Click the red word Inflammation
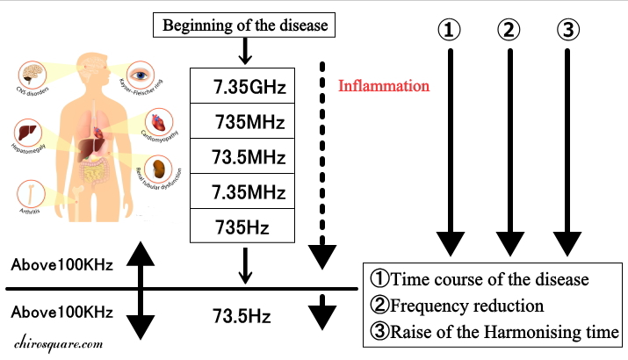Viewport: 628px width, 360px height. (x=384, y=87)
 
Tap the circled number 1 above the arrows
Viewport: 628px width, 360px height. (x=450, y=30)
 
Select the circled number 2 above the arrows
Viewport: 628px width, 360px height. (x=509, y=30)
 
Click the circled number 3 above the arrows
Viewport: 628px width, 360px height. (x=567, y=30)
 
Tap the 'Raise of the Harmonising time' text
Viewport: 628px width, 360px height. (x=496, y=333)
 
